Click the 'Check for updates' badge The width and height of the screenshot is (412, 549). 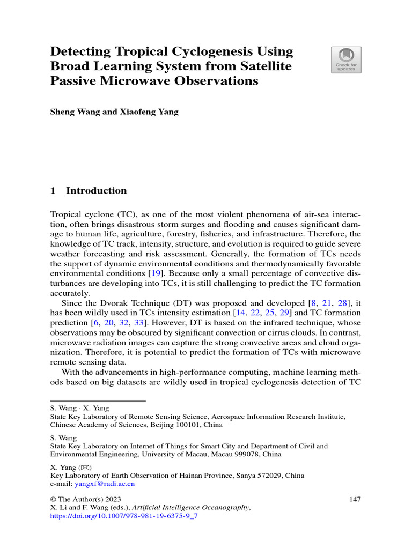click(x=345, y=60)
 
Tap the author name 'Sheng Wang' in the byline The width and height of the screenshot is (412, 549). click(x=71, y=113)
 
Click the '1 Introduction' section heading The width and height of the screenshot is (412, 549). click(x=88, y=190)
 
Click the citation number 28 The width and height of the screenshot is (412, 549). click(x=343, y=303)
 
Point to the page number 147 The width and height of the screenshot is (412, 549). click(x=355, y=499)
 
